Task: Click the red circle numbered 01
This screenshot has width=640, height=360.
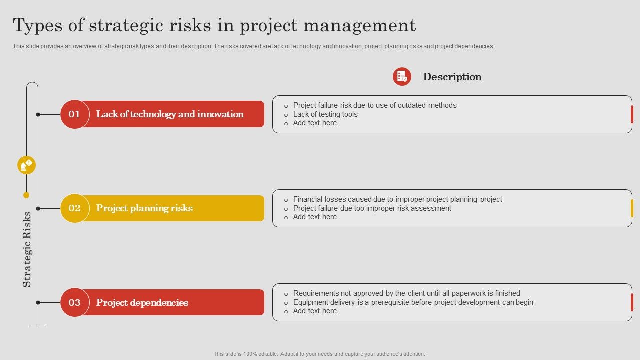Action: pos(74,114)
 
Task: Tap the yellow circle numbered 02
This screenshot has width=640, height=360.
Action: pos(74,208)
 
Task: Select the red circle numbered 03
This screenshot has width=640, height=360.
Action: pos(74,302)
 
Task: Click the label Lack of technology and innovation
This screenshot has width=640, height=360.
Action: pos(170,114)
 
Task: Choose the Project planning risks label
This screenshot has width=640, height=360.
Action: pos(144,208)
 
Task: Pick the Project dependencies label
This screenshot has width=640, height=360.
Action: pos(142,302)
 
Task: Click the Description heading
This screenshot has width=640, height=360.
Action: pos(452,77)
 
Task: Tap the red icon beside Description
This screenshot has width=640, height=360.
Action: pos(402,76)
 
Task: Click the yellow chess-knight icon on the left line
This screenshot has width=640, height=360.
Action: pos(26,165)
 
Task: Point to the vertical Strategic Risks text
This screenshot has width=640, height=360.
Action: pos(27,249)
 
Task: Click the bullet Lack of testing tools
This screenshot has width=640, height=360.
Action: pos(325,114)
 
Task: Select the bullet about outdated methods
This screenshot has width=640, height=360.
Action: pos(375,105)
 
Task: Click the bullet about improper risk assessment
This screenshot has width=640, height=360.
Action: pos(372,208)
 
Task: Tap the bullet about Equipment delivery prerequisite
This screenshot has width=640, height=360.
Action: pos(413,302)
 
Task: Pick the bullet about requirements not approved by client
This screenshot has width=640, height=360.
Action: pos(406,293)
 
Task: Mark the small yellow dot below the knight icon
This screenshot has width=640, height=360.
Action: pos(26,195)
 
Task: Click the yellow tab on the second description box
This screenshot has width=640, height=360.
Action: pos(632,208)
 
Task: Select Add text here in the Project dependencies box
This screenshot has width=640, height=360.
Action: pos(315,311)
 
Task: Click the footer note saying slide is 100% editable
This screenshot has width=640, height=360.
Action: pos(319,354)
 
